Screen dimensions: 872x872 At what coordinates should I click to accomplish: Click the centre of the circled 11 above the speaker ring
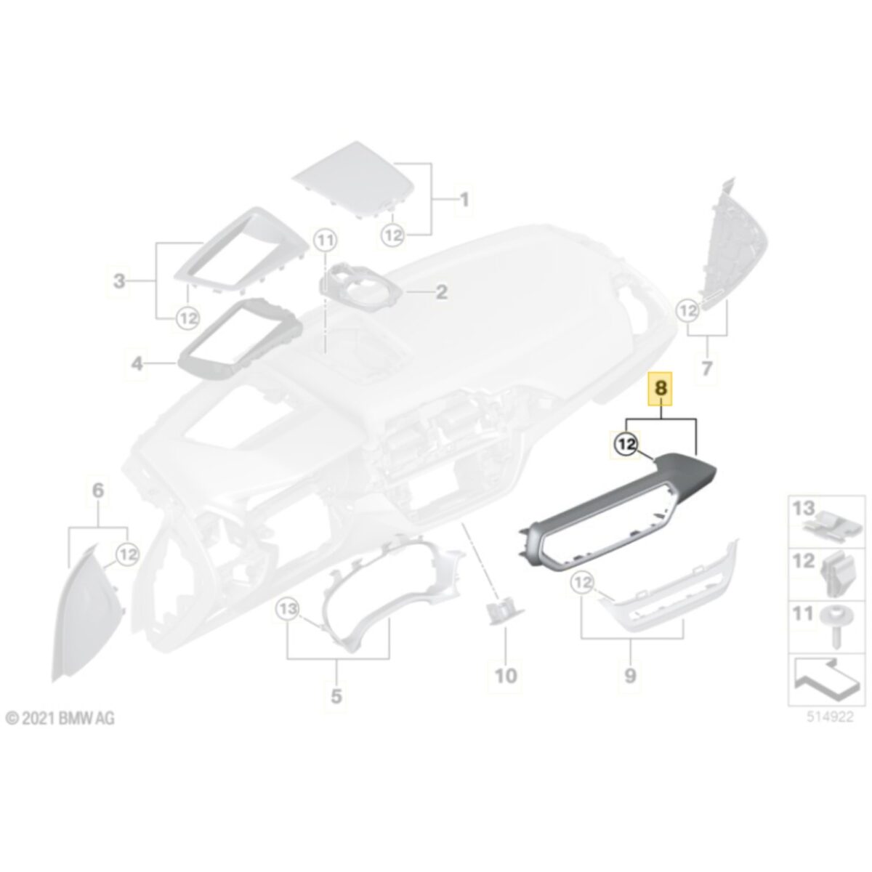point(326,241)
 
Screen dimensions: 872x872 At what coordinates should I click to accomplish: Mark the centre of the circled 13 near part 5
point(288,609)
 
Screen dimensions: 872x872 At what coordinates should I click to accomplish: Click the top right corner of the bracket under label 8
point(696,419)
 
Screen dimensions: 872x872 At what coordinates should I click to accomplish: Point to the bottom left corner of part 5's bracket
point(288,658)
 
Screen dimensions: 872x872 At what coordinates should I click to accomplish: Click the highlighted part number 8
point(661,388)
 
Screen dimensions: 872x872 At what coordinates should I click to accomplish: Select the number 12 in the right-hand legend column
point(804,561)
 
